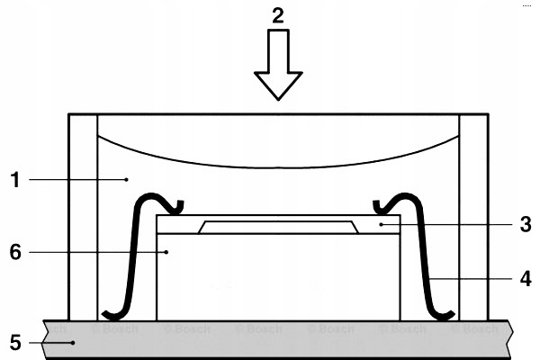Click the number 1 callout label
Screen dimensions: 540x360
point(14,180)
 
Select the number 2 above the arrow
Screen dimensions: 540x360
point(279,14)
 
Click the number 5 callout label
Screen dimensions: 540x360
point(14,342)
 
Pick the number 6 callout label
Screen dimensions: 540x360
point(14,253)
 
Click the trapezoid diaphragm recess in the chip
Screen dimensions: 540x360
point(279,227)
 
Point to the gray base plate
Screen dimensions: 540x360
point(270,339)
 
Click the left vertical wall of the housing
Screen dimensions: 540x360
point(83,216)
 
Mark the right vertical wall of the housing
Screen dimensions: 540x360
point(474,216)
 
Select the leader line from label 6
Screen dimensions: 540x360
point(99,253)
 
